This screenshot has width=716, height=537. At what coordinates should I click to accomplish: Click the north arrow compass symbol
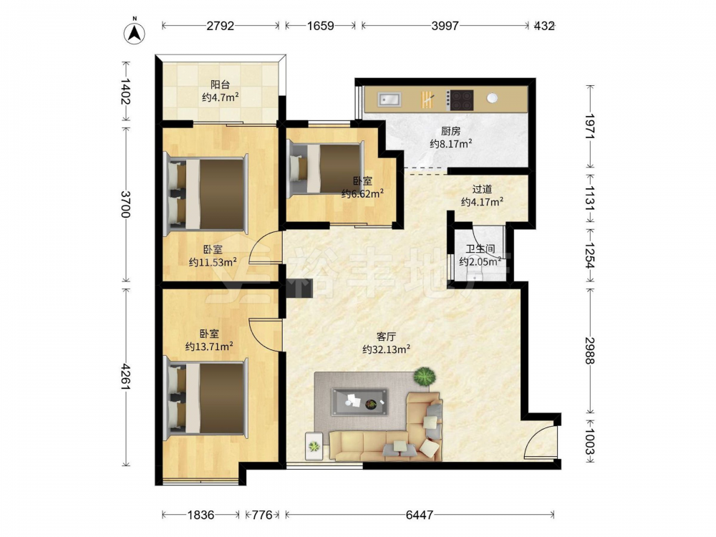click(x=135, y=33)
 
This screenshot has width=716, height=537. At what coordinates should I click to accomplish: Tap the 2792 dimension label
click(x=220, y=26)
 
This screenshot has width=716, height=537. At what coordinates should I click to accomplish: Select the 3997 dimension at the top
click(x=445, y=26)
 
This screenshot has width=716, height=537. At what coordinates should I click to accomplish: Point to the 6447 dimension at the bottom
click(x=419, y=515)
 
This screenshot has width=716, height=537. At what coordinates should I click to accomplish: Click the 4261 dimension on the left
click(x=125, y=377)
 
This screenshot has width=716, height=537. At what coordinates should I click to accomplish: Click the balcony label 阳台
click(x=220, y=84)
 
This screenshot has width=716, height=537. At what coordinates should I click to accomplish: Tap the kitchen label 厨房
click(x=450, y=132)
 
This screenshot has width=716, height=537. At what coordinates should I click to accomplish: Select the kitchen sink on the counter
click(x=389, y=99)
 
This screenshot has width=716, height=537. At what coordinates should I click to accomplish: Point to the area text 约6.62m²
click(x=362, y=193)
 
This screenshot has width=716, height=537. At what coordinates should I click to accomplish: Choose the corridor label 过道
click(x=482, y=188)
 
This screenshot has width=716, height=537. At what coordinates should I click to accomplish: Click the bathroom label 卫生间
click(x=480, y=249)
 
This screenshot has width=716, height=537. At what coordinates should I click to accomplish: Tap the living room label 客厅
click(x=386, y=337)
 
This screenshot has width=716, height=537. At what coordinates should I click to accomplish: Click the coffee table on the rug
click(x=360, y=402)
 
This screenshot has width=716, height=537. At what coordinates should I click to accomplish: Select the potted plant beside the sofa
click(x=425, y=377)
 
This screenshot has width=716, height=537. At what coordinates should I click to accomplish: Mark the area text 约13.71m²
click(x=209, y=347)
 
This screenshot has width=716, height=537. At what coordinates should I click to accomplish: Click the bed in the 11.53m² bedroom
click(x=205, y=193)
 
